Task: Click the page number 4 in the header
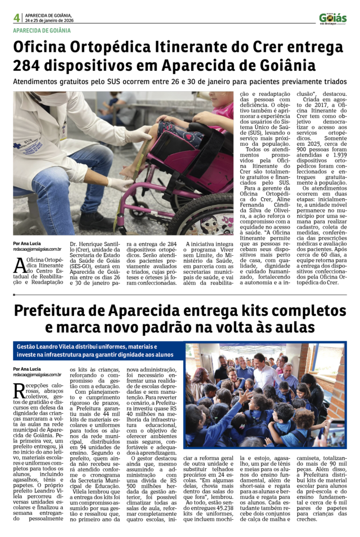tap(17, 18)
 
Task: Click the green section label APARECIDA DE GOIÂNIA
tap(42, 31)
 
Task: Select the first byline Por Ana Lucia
tap(27, 244)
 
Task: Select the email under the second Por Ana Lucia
tap(37, 375)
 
